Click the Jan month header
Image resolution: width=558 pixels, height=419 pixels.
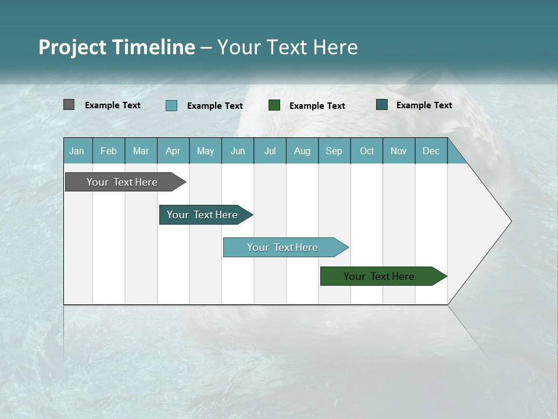77,151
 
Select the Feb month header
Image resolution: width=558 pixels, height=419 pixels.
109,151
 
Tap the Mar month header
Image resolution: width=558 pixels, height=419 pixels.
141,151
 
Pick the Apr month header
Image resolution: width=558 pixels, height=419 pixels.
173,151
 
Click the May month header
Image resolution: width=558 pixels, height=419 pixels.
205,151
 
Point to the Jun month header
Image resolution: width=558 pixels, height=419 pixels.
238,151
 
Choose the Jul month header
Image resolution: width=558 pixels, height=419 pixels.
270,151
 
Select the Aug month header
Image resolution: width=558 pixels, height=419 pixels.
302,151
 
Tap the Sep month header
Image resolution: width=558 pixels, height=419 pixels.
334,151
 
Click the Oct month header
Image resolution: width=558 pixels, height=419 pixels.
367,151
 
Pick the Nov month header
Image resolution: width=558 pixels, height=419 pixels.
399,151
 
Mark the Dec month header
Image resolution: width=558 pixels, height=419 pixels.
431,151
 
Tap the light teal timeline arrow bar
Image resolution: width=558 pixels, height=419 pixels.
283,247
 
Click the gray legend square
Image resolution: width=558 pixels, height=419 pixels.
69,105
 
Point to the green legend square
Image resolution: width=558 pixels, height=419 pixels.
274,105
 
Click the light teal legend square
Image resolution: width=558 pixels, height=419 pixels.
171,105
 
